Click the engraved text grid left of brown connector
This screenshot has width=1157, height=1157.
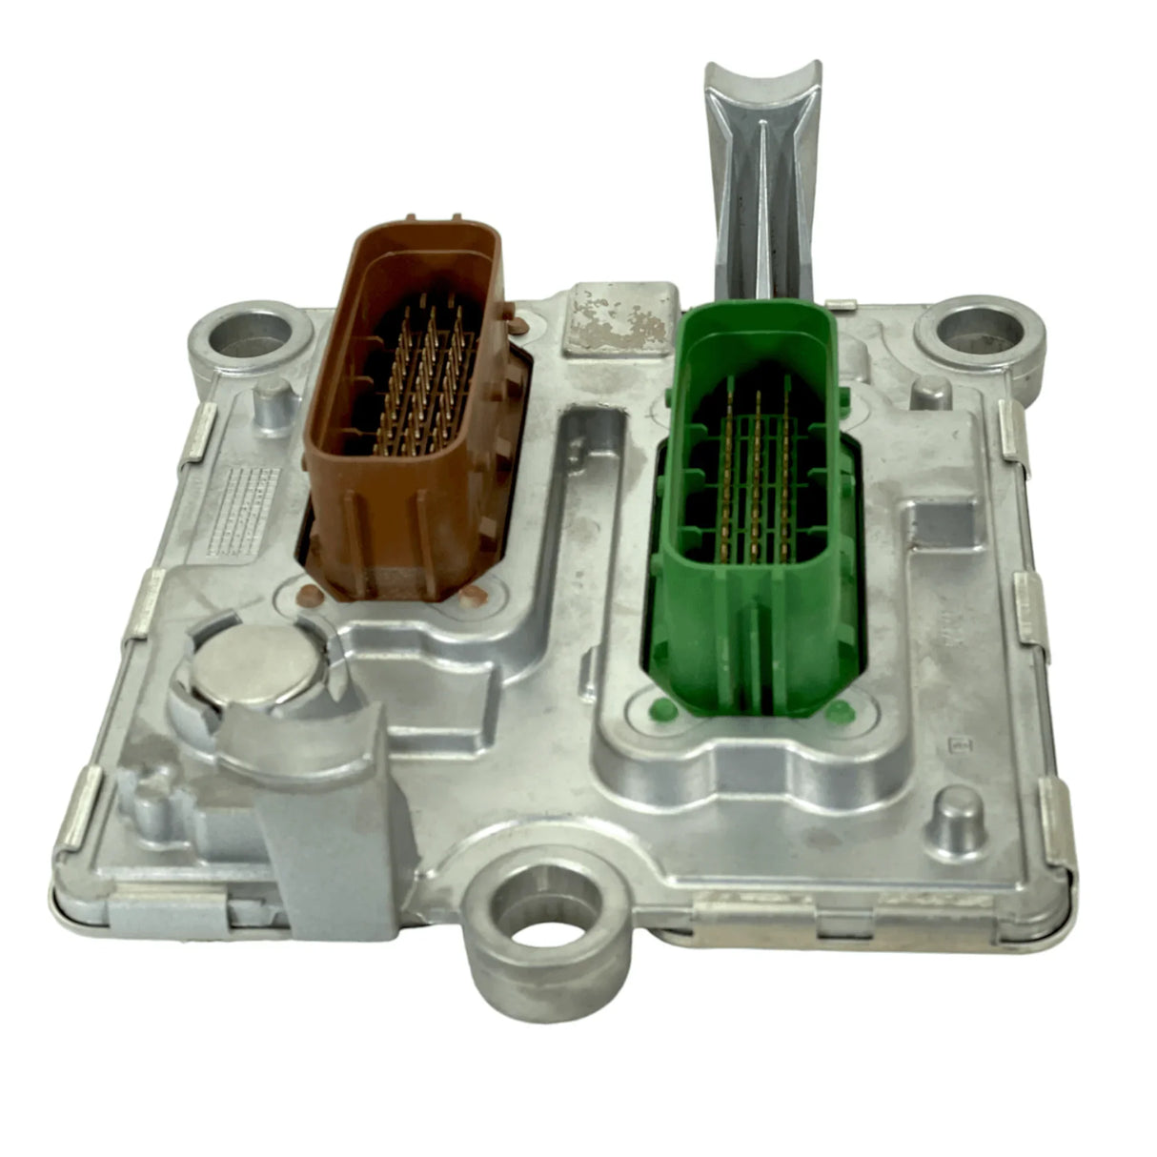(244, 510)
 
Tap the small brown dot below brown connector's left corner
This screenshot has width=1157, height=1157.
(307, 598)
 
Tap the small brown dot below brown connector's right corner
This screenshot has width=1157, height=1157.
(471, 597)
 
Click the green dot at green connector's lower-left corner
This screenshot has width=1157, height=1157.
(656, 708)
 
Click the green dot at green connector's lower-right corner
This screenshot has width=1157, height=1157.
(839, 711)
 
